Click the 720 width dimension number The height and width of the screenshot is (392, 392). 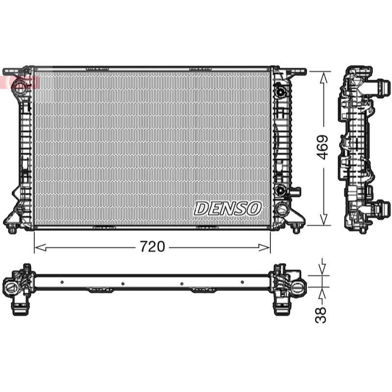pos(152,246)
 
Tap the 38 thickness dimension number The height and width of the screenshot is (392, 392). pos(321,315)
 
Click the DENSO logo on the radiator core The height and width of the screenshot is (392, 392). pos(228,208)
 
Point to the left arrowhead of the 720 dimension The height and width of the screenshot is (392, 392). pos(41,247)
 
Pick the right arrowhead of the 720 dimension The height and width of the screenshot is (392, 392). pos(264,247)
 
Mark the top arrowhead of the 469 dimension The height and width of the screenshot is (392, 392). pos(323,77)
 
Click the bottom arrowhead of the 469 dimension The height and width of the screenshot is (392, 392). pos(323,219)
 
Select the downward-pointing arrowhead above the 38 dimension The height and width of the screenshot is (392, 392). pos(322,269)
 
